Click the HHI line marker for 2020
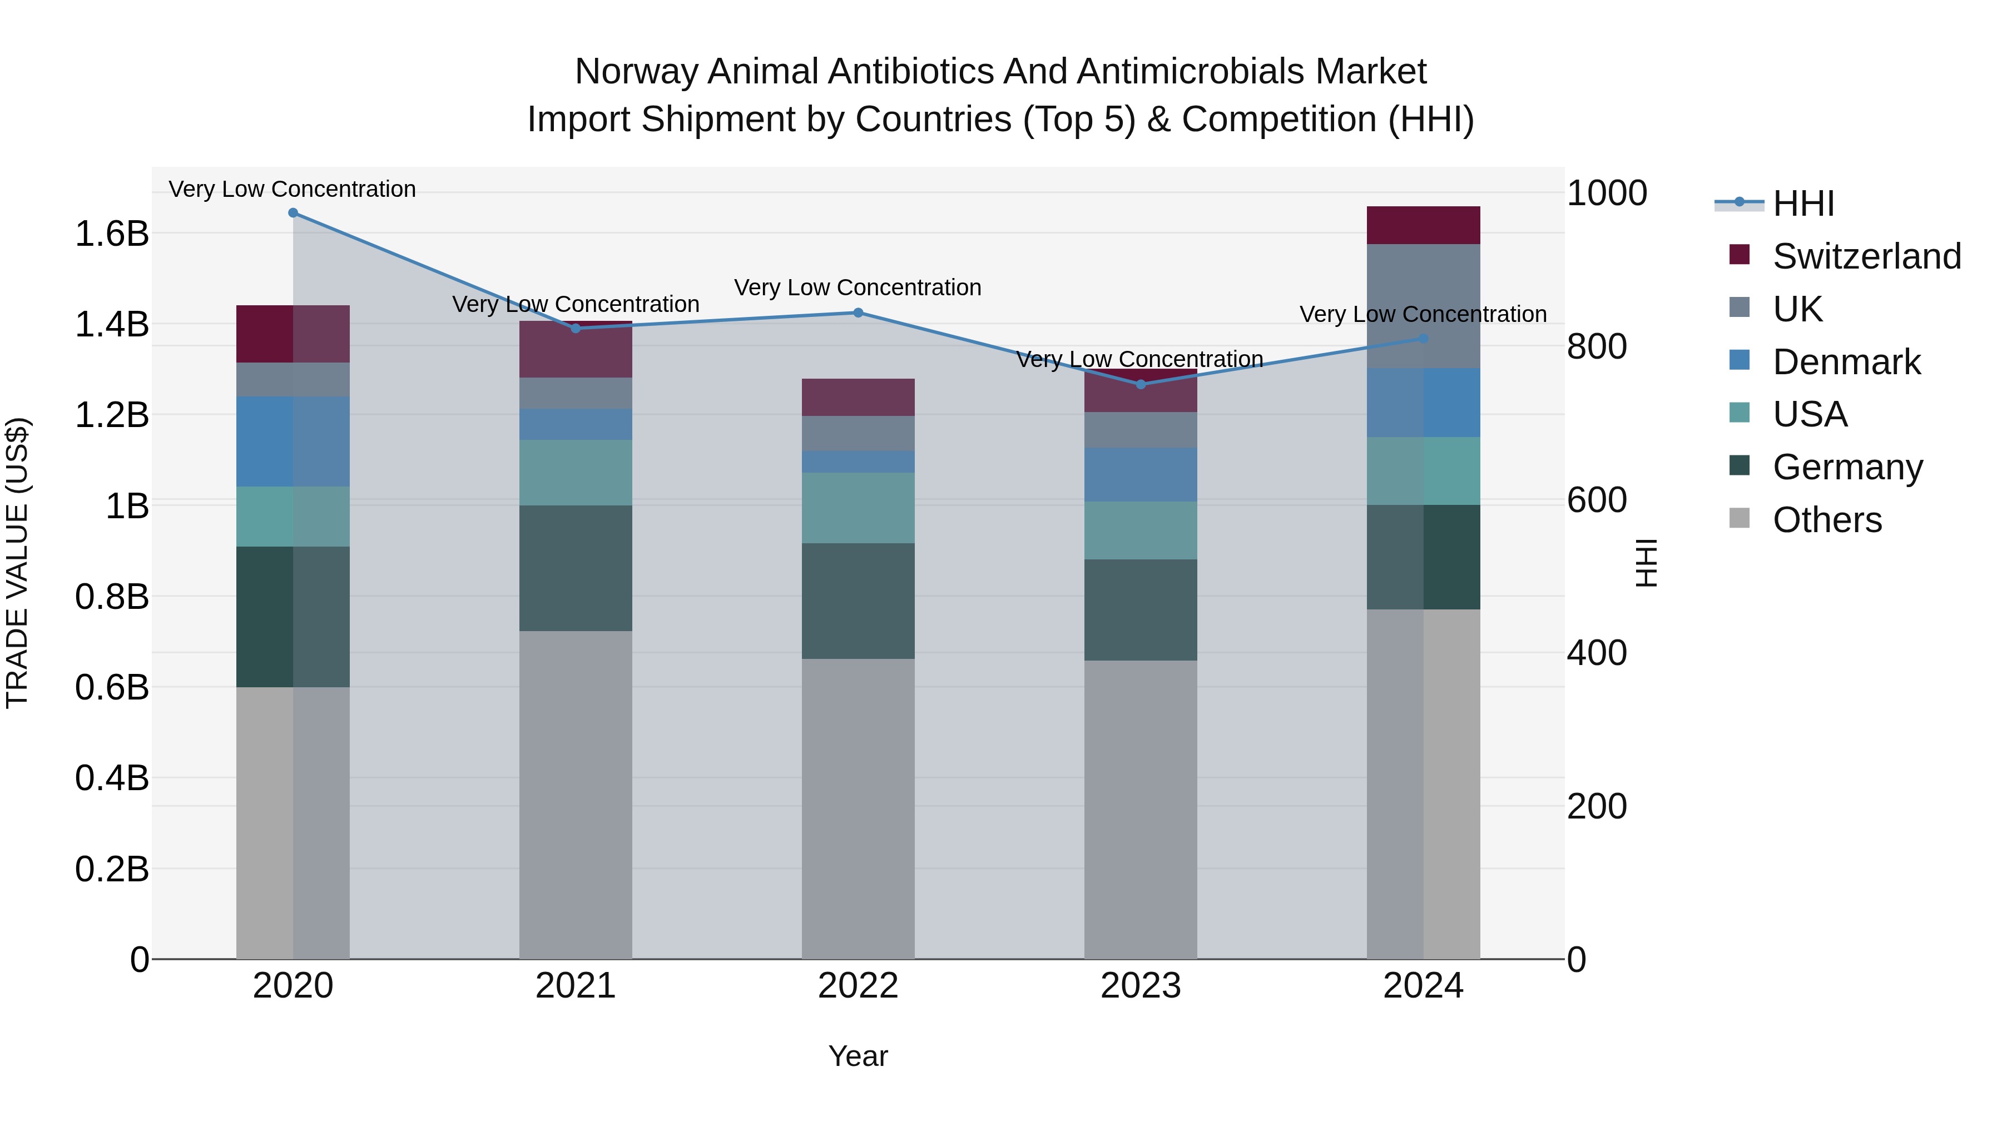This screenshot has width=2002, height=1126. click(x=293, y=213)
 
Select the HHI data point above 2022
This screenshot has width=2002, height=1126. click(x=858, y=313)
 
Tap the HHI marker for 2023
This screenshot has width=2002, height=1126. click(x=1141, y=385)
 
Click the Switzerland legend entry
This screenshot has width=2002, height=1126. click(x=1866, y=256)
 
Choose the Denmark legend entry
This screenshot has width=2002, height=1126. click(x=1846, y=362)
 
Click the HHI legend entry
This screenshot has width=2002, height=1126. click(x=1803, y=204)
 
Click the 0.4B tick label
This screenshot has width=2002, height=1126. click(x=112, y=778)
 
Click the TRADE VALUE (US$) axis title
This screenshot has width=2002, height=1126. click(x=17, y=563)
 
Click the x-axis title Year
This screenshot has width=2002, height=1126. click(x=858, y=1056)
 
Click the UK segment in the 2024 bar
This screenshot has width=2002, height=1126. click(x=1423, y=306)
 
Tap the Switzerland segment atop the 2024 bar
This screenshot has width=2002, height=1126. click(x=1423, y=225)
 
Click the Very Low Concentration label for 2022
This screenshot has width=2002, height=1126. click(x=858, y=287)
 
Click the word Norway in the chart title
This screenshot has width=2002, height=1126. click(x=638, y=72)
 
